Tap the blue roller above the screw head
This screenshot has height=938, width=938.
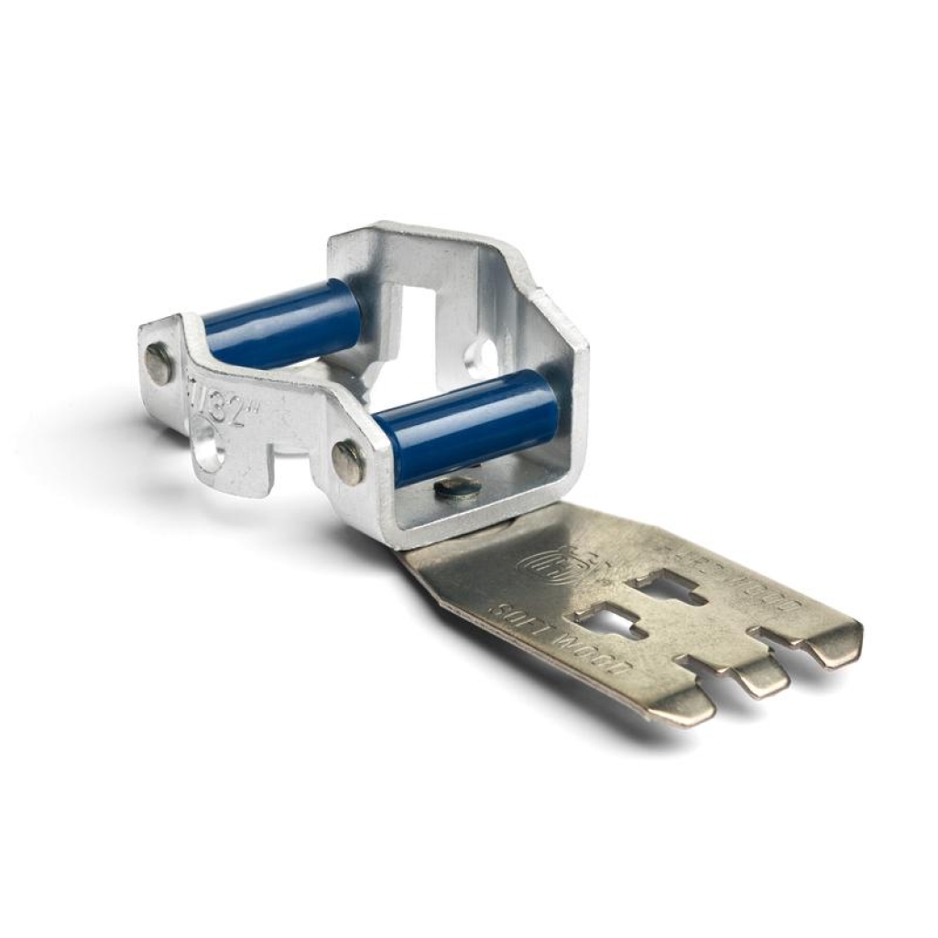point(467,426)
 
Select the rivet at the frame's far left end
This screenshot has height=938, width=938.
point(158,363)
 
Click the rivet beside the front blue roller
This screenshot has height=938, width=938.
point(348,461)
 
